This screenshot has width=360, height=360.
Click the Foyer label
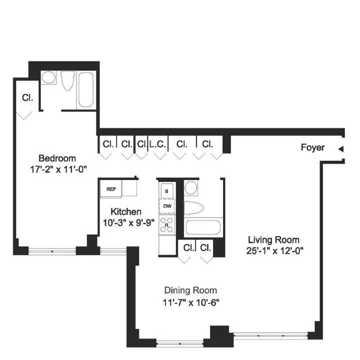(312, 147)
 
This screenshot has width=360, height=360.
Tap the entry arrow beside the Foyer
(340, 148)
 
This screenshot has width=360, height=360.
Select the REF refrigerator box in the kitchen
(111, 189)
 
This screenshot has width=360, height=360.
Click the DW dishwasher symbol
(167, 205)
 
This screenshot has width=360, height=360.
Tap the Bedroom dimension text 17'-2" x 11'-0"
(59, 169)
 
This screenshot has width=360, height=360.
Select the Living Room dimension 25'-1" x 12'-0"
(274, 250)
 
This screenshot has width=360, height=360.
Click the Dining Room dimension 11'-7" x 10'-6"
(190, 302)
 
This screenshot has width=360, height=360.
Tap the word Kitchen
(125, 211)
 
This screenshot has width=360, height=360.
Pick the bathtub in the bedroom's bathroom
(85, 90)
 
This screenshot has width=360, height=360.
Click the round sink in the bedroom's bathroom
(48, 78)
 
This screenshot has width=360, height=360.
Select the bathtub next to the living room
(202, 227)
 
